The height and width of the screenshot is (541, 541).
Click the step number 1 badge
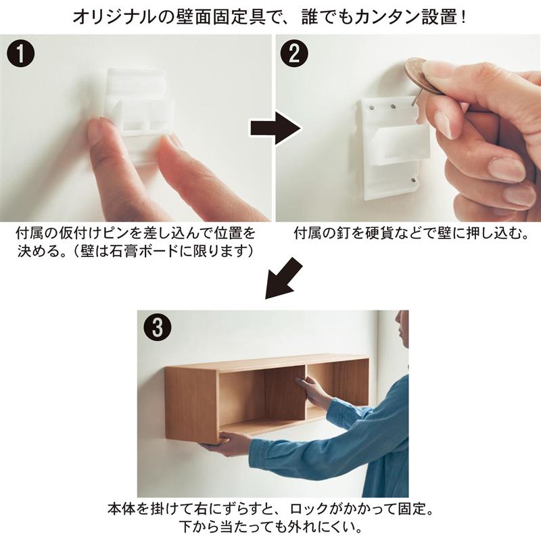pos(20,54)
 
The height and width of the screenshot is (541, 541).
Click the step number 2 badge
pos(294,54)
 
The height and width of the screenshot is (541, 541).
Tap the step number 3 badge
pos(158,327)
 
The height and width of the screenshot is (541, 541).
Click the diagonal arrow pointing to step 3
pos(283,278)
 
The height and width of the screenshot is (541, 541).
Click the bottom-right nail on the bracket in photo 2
pos(414,180)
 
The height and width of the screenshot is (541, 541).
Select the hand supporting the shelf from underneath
pos(225,444)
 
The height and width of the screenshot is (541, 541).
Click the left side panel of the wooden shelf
pos(192,404)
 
